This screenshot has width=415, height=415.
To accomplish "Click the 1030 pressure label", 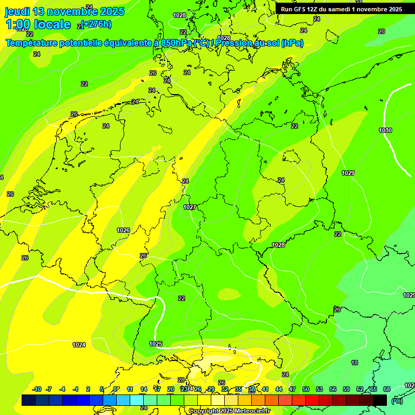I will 385,130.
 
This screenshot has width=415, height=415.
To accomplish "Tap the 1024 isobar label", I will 79,345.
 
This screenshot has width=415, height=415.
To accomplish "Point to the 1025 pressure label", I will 156,344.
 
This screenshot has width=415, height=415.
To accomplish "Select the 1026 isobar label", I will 123,230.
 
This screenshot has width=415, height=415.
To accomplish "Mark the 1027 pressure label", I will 190,207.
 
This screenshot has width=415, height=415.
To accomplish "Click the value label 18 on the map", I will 354,363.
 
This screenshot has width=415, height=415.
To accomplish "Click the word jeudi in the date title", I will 17,11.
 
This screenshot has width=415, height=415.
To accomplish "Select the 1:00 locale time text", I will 38,24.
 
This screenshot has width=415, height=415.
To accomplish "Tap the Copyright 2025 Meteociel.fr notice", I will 229,411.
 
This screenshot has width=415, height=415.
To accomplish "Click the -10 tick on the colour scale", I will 37,389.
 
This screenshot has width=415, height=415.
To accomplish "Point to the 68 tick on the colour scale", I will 386,389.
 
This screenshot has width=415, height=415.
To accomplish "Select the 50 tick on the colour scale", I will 306,389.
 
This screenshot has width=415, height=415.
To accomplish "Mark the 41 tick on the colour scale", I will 265,389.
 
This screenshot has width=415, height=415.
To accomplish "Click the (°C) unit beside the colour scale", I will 397,400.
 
